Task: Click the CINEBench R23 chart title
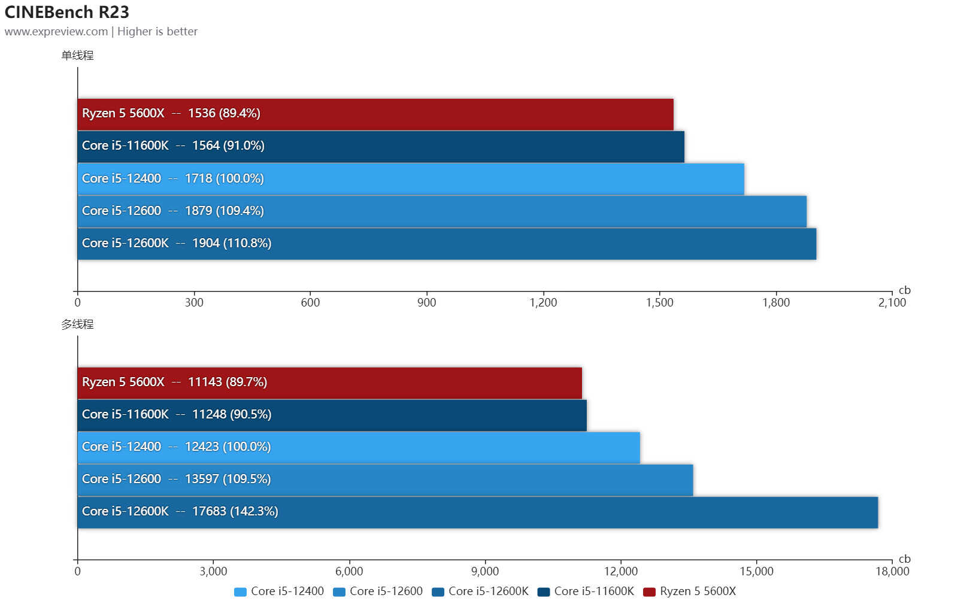(66, 12)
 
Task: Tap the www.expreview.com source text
(56, 32)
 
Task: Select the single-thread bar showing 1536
(375, 114)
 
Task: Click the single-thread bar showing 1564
(380, 146)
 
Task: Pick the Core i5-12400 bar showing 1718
(410, 178)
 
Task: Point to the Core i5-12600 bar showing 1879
(441, 211)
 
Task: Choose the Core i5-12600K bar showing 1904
(446, 243)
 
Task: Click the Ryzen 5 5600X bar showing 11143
(329, 383)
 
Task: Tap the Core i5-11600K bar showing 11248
(332, 415)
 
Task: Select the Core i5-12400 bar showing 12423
(358, 447)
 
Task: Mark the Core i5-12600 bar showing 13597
(385, 480)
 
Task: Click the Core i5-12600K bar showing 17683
(477, 512)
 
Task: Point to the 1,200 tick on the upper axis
(543, 302)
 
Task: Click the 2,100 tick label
(892, 302)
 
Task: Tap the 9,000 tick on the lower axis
(485, 571)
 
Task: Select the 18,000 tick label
(892, 571)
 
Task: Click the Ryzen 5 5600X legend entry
(690, 591)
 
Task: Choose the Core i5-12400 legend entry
(280, 591)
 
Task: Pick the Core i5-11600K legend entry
(586, 591)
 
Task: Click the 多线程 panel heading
(77, 324)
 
